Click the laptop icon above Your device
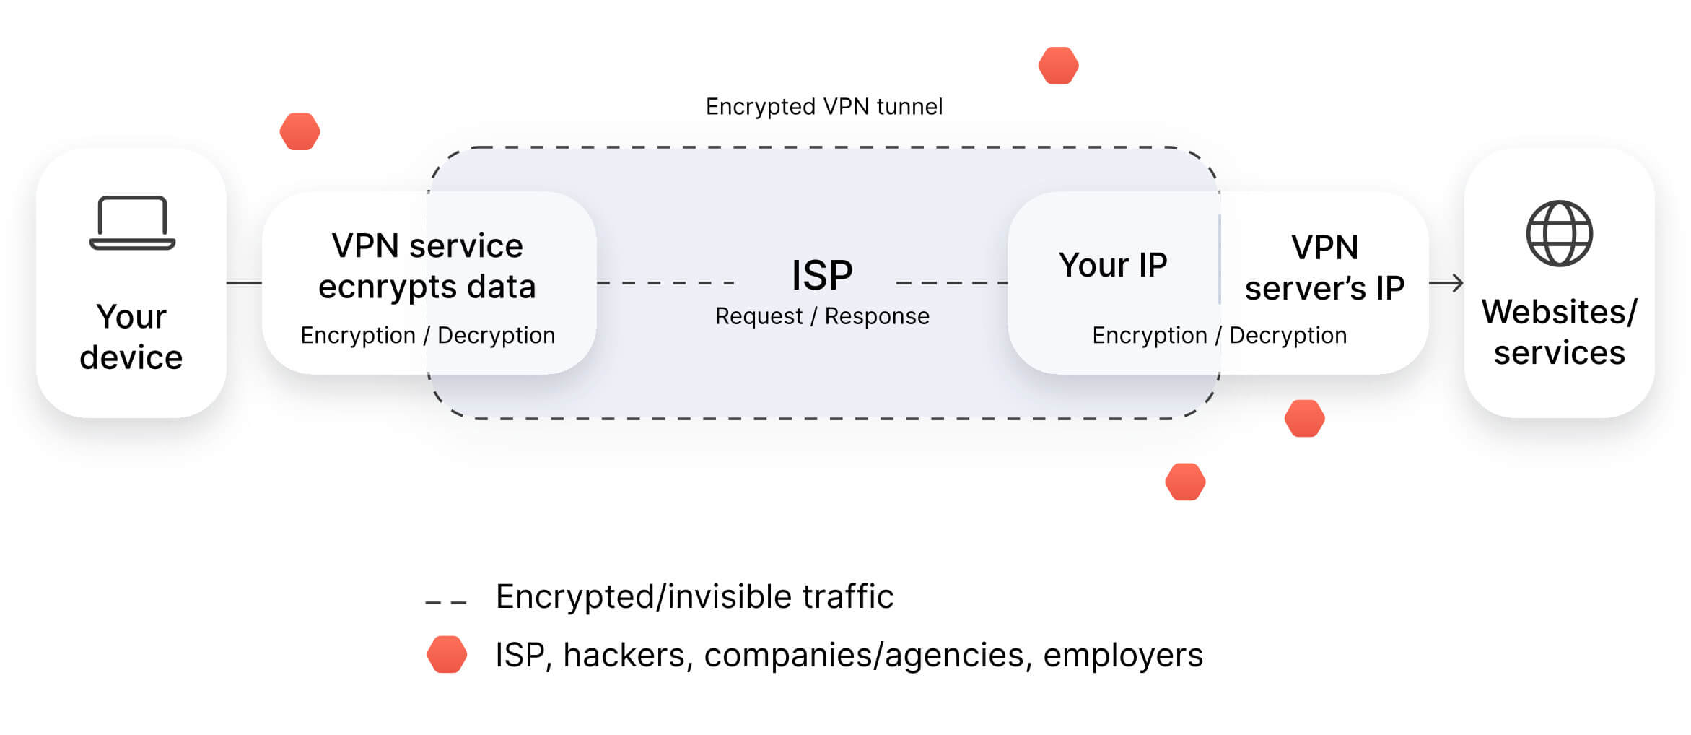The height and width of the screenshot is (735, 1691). pyautogui.click(x=132, y=223)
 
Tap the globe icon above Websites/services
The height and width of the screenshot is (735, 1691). pyautogui.click(x=1559, y=233)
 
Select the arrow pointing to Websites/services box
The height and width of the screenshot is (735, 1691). pyautogui.click(x=1446, y=283)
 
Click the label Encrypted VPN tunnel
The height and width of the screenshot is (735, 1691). pyautogui.click(x=823, y=107)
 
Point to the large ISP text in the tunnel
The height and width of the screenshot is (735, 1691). pyautogui.click(x=821, y=275)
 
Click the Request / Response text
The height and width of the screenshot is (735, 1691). pyautogui.click(x=821, y=316)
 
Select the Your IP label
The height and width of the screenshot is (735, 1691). pyautogui.click(x=1112, y=265)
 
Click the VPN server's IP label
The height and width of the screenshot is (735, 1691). pyautogui.click(x=1324, y=268)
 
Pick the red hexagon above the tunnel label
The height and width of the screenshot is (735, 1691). pyautogui.click(x=1058, y=66)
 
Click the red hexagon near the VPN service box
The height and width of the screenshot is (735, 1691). pyautogui.click(x=300, y=131)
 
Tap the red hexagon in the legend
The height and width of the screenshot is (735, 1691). pyautogui.click(x=447, y=654)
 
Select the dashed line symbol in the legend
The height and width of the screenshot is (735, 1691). pyautogui.click(x=446, y=601)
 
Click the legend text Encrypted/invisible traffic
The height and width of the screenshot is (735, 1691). pyautogui.click(x=694, y=597)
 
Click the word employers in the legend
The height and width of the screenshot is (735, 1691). pyautogui.click(x=1122, y=656)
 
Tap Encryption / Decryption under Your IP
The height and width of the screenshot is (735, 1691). pyautogui.click(x=1219, y=335)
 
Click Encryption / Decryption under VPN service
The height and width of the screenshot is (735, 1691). pyautogui.click(x=427, y=335)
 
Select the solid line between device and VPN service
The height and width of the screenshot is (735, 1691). pyautogui.click(x=244, y=283)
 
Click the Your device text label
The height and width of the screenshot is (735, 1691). pyautogui.click(x=131, y=337)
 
